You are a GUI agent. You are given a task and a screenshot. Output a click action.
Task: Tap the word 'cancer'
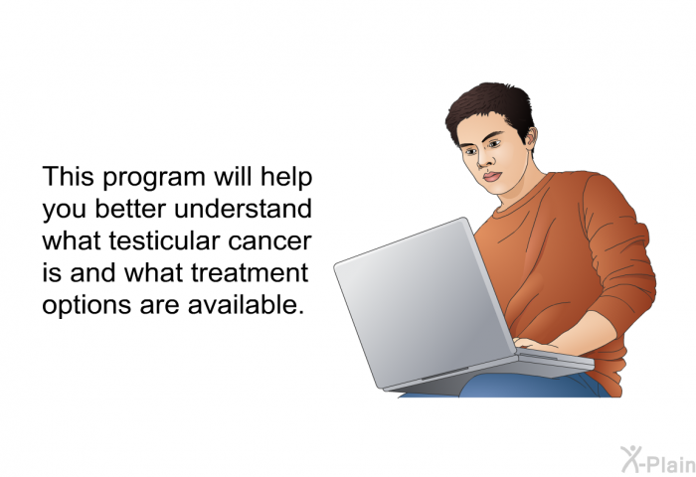pos(269,241)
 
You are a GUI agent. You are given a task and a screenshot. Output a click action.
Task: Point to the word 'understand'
pos(243,209)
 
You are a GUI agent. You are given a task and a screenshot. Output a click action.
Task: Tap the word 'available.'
pos(246,305)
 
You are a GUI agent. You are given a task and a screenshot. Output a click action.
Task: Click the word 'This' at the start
pos(69,176)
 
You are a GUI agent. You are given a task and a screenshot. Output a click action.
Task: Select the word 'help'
pos(286,178)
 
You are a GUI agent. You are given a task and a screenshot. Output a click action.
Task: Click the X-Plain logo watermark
pos(658,460)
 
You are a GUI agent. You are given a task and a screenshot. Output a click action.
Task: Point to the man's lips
pos(492,177)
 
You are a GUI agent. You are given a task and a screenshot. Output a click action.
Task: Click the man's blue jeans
pos(533,386)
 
